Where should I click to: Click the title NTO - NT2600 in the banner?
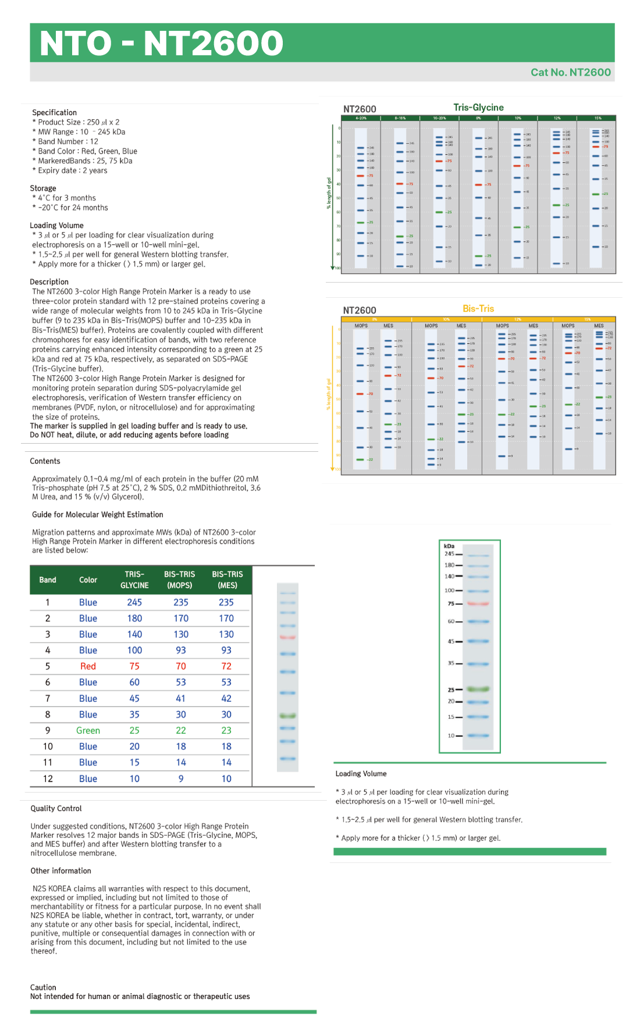pyautogui.click(x=161, y=43)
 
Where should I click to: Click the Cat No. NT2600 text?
pyautogui.click(x=570, y=72)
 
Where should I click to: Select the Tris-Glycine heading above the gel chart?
pyautogui.click(x=478, y=108)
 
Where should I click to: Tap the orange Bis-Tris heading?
pyautogui.click(x=478, y=309)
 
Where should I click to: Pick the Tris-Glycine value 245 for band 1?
pyautogui.click(x=134, y=602)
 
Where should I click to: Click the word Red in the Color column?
pyautogui.click(x=88, y=666)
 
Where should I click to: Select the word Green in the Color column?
pyautogui.click(x=88, y=730)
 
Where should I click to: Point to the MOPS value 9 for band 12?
pyautogui.click(x=181, y=779)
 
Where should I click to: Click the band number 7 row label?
pyautogui.click(x=48, y=698)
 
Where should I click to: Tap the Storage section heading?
pyautogui.click(x=43, y=188)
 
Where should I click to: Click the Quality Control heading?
pyautogui.click(x=56, y=808)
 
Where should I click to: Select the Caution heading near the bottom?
pyautogui.click(x=43, y=987)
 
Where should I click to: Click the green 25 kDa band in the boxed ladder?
pyautogui.click(x=478, y=689)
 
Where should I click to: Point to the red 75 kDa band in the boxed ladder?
pyautogui.click(x=478, y=604)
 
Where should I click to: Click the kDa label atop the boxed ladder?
pyautogui.click(x=449, y=546)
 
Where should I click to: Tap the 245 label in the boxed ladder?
pyautogui.click(x=450, y=554)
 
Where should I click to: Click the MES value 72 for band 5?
pyautogui.click(x=226, y=666)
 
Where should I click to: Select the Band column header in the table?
pyautogui.click(x=48, y=580)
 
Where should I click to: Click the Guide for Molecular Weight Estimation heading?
pyautogui.click(x=97, y=515)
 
